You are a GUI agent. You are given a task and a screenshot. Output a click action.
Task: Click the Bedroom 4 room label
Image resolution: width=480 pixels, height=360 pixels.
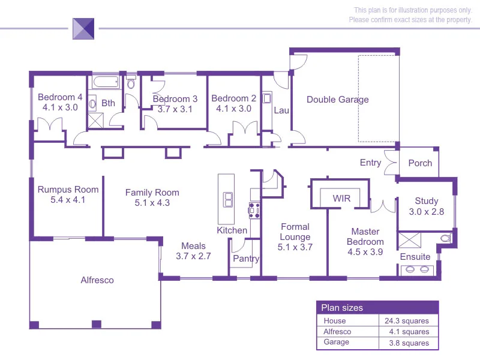60,98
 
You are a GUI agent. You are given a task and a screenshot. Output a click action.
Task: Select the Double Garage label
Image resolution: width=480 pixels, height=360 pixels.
338,100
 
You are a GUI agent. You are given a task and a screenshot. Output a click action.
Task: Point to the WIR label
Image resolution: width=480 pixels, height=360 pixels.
341,198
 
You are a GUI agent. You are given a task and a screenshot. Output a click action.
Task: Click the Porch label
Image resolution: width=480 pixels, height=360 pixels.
420,163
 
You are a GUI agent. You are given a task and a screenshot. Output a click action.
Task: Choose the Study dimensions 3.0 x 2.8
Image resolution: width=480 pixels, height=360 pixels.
427,212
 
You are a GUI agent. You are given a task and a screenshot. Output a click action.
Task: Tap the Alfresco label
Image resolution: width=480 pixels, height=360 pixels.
97,280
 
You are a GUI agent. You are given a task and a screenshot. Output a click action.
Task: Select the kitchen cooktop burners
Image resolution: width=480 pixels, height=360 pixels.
254,210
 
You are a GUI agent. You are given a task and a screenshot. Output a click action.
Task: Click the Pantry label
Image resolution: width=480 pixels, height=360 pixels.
246,259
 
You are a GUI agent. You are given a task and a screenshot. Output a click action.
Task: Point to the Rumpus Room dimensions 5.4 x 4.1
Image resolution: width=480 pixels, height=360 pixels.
68,200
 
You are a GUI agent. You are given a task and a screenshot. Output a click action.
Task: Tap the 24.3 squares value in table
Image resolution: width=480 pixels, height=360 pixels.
406,321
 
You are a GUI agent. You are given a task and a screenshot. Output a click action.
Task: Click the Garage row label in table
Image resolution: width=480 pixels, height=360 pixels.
337,343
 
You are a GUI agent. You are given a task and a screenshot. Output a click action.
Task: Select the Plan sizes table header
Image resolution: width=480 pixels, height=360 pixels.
342,308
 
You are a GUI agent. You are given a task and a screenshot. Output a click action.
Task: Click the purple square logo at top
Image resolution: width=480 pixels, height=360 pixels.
83,28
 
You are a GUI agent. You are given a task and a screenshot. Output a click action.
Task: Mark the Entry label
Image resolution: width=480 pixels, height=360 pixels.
370,163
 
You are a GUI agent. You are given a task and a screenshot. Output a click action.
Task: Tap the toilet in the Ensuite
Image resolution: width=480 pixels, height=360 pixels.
445,238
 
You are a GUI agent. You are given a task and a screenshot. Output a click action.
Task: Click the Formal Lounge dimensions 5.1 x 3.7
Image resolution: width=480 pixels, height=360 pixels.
295,247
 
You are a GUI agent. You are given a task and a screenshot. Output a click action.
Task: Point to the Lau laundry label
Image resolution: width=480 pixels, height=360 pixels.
281,110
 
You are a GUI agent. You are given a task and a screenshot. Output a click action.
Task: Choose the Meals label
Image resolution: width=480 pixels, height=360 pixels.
193,246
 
